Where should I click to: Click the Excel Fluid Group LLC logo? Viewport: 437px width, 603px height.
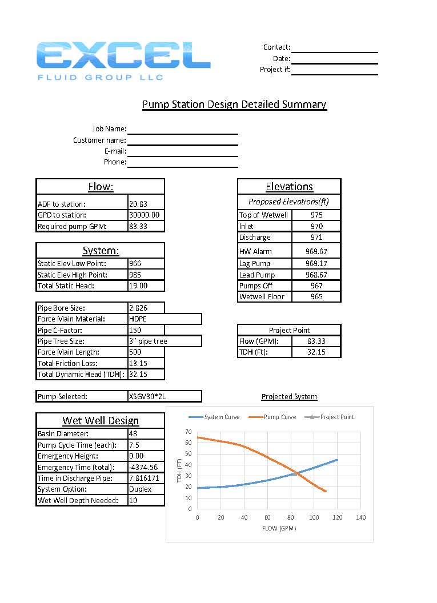click(123, 61)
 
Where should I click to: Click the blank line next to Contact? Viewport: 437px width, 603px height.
click(334, 47)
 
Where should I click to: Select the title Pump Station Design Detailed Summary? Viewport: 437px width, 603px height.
click(234, 104)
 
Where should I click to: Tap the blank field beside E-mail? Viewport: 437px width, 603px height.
click(182, 151)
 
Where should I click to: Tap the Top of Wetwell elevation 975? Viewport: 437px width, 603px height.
click(316, 215)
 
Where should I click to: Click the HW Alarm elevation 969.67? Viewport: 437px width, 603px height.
click(316, 251)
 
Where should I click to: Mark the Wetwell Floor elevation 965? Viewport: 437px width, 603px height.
click(316, 297)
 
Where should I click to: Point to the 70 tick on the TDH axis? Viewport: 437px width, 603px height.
click(188, 432)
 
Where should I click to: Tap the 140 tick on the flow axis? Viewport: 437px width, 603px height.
click(360, 517)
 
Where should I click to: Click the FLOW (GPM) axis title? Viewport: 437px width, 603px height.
click(279, 529)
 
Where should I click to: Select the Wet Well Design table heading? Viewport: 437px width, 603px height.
click(101, 421)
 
